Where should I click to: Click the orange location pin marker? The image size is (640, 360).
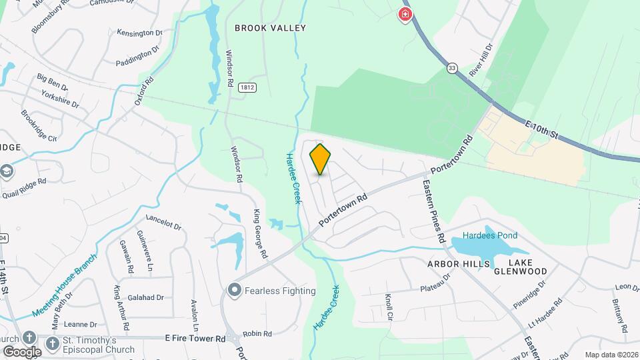pos(321,159)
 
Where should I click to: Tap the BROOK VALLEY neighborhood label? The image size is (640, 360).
pos(270,28)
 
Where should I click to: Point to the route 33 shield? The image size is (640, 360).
pos(453,67)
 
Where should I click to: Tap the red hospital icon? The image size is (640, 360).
pos(405,14)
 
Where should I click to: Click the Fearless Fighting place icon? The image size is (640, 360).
pos(234,290)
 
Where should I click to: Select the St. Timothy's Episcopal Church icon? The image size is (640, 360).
pos(29,338)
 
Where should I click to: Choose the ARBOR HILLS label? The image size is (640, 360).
pos(455,264)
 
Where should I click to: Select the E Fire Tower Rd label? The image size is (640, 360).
pos(195,339)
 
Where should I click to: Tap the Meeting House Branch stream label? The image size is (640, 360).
pos(65,284)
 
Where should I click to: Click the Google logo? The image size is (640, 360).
pos(21,351)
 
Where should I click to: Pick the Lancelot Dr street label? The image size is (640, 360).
pos(163,221)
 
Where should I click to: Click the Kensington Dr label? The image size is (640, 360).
pos(139,33)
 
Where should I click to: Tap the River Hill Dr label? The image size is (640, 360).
pos(480,61)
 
